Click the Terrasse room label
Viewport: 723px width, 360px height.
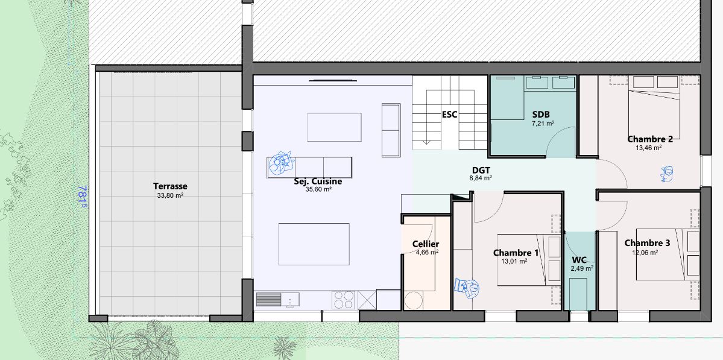point(170,186)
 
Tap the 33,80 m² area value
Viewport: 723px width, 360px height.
point(170,195)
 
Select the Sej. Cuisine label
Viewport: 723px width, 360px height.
point(318,181)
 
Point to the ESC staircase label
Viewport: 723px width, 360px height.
point(450,115)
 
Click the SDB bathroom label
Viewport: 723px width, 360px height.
point(541,115)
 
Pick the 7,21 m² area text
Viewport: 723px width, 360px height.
point(543,124)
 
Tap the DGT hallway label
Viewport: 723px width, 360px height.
point(481,170)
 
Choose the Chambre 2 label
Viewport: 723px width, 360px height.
point(650,139)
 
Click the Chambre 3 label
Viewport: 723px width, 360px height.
point(648,243)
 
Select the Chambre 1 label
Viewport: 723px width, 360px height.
point(516,253)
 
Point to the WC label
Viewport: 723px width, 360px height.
point(579,260)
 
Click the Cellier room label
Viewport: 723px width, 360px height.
point(426,244)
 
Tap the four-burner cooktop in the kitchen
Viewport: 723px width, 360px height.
point(343,300)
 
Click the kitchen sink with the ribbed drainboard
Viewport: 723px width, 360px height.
point(277,300)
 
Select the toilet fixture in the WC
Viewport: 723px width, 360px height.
point(578,294)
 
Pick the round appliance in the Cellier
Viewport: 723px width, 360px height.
point(414,300)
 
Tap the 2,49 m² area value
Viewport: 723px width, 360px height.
point(582,268)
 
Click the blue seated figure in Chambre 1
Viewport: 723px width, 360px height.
point(467,288)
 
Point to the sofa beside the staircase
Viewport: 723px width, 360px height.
point(391,130)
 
